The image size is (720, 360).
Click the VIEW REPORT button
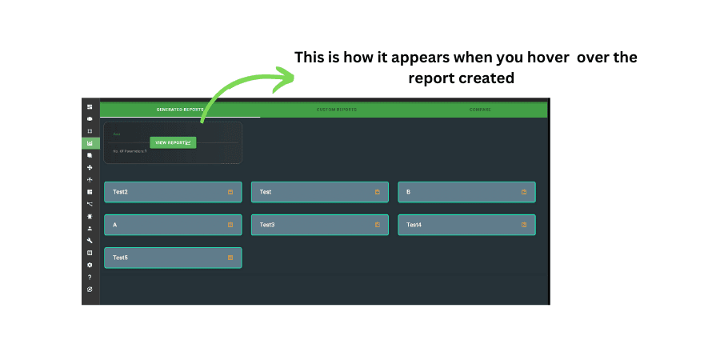click(173, 142)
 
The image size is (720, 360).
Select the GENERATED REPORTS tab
click(180, 110)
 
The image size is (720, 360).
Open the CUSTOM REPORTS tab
click(336, 110)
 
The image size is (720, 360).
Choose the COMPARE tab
click(480, 110)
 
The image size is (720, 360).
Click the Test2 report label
click(121, 192)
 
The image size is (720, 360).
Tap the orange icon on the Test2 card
click(230, 192)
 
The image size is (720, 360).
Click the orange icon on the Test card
click(378, 192)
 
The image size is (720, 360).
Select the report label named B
click(408, 192)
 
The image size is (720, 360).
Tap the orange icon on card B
click(524, 192)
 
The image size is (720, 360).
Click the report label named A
click(115, 225)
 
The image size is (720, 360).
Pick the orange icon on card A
click(230, 225)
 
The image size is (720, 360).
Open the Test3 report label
click(267, 225)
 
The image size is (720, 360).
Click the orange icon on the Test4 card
click(524, 225)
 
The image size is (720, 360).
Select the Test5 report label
click(121, 258)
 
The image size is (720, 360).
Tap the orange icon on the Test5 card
click(230, 258)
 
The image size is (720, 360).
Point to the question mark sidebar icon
click(90, 277)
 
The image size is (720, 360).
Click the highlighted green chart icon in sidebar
click(90, 143)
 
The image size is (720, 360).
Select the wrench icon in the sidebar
click(90, 240)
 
